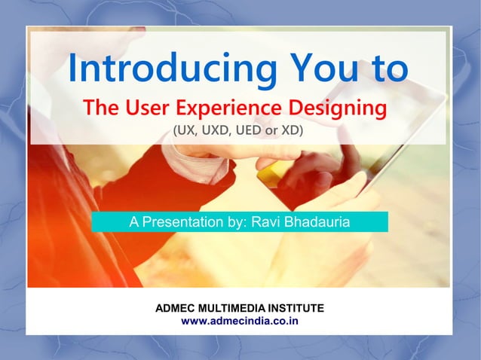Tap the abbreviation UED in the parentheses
(x=250, y=131)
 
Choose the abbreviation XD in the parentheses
(x=290, y=131)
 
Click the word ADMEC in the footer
(x=175, y=309)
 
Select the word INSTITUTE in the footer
(x=297, y=309)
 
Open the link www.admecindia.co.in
(x=240, y=321)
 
